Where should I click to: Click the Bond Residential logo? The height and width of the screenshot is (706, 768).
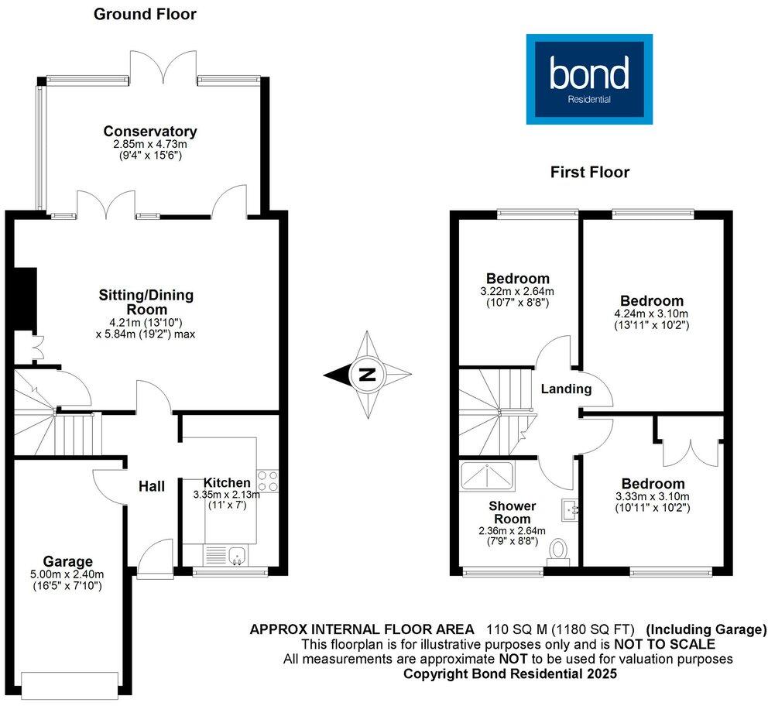[x=589, y=79]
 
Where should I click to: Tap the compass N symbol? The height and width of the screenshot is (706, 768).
[x=367, y=376]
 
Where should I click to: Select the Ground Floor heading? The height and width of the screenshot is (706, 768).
[x=145, y=14]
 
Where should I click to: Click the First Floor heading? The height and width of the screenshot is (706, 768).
[x=590, y=172]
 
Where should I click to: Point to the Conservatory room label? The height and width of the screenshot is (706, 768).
[x=150, y=132]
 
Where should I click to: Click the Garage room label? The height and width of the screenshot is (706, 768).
[x=69, y=561]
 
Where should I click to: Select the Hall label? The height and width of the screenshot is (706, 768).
[x=152, y=486]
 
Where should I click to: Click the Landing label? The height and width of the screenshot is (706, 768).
[x=566, y=389]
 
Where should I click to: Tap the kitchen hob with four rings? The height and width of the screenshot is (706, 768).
[x=268, y=481]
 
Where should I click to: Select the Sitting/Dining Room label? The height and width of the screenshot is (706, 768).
[x=146, y=302]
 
